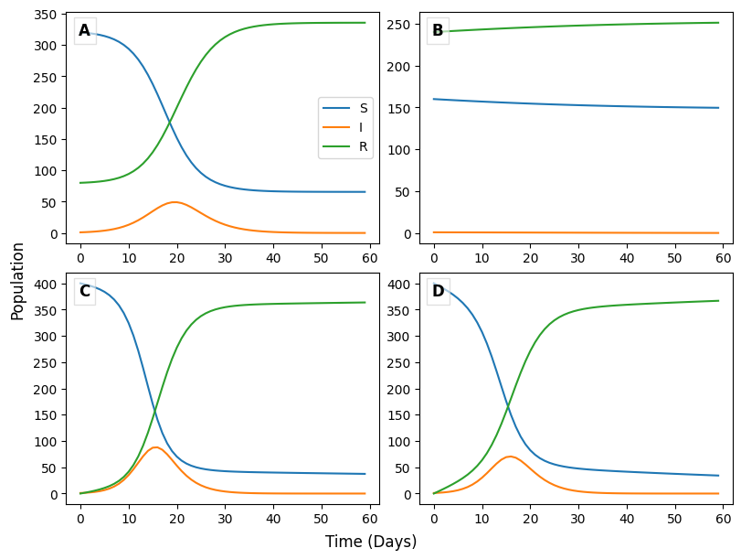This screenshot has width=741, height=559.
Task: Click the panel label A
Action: click(x=84, y=31)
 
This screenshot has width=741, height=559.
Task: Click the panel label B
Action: click(x=438, y=31)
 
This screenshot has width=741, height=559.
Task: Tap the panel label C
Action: click(x=84, y=292)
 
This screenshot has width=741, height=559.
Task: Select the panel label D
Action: click(x=438, y=292)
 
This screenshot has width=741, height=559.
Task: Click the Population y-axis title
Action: click(x=17, y=280)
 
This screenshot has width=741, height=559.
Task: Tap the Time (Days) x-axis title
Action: click(x=371, y=542)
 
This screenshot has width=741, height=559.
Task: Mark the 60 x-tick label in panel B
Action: click(x=723, y=258)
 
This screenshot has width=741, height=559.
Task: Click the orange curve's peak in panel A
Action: click(x=174, y=202)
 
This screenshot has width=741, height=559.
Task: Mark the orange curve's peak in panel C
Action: click(x=155, y=447)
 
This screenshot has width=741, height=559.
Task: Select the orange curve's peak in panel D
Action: click(x=510, y=457)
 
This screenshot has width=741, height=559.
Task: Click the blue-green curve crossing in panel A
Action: click(x=171, y=120)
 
